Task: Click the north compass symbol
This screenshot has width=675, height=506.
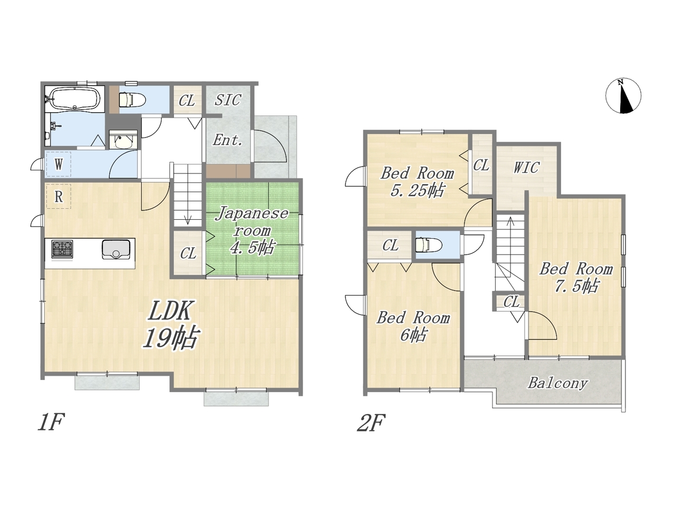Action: point(623,96)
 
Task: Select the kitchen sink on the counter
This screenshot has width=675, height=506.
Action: point(116,249)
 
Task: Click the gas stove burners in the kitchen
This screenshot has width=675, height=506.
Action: point(62,249)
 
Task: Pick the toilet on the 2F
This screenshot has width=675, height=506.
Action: point(428,246)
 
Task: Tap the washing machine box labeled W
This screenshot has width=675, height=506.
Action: point(59,164)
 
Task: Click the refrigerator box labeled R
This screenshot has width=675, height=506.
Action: point(59,197)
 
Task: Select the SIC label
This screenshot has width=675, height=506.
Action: point(228,100)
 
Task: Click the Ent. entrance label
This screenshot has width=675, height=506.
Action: point(228,140)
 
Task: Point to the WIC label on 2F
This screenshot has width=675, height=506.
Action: point(526,168)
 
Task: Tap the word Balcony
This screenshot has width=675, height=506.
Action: point(557,383)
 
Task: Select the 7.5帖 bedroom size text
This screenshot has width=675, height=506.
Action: point(576,286)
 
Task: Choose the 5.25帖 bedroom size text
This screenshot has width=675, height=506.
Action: point(417,190)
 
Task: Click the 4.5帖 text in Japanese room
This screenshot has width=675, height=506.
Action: point(252,248)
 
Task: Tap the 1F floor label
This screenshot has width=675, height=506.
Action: point(51,422)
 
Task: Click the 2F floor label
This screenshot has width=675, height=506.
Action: point(371,423)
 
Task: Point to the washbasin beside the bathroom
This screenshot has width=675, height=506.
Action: point(123,140)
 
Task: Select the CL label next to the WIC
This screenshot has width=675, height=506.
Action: point(481,166)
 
